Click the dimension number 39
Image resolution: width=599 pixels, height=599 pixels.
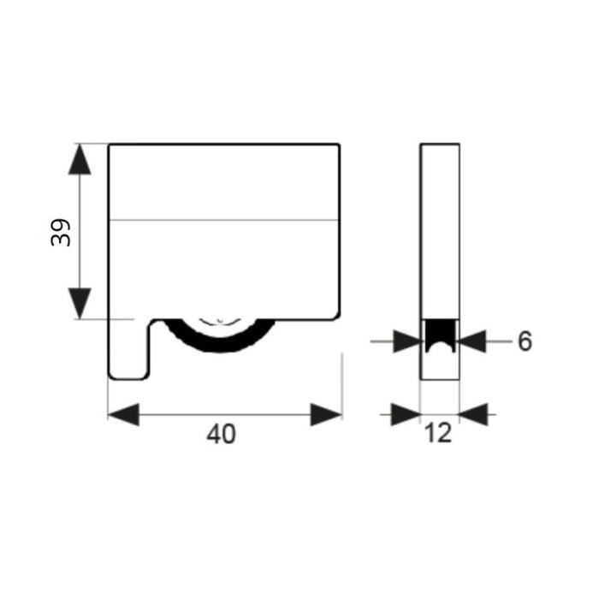click(x=61, y=232)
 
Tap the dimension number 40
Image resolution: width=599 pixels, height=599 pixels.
click(x=221, y=434)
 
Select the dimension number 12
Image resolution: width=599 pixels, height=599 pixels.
click(x=438, y=433)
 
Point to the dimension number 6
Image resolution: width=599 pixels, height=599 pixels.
click(x=525, y=341)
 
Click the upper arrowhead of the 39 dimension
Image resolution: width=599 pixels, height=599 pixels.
click(x=80, y=159)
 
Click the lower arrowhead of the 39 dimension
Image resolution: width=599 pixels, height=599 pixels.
click(x=80, y=303)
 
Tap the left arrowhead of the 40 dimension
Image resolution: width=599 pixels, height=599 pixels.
click(x=123, y=414)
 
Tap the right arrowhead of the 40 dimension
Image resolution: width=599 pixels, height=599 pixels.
click(x=326, y=414)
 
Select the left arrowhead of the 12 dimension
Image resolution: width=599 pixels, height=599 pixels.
click(x=406, y=414)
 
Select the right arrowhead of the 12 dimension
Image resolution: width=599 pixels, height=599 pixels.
click(x=474, y=414)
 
